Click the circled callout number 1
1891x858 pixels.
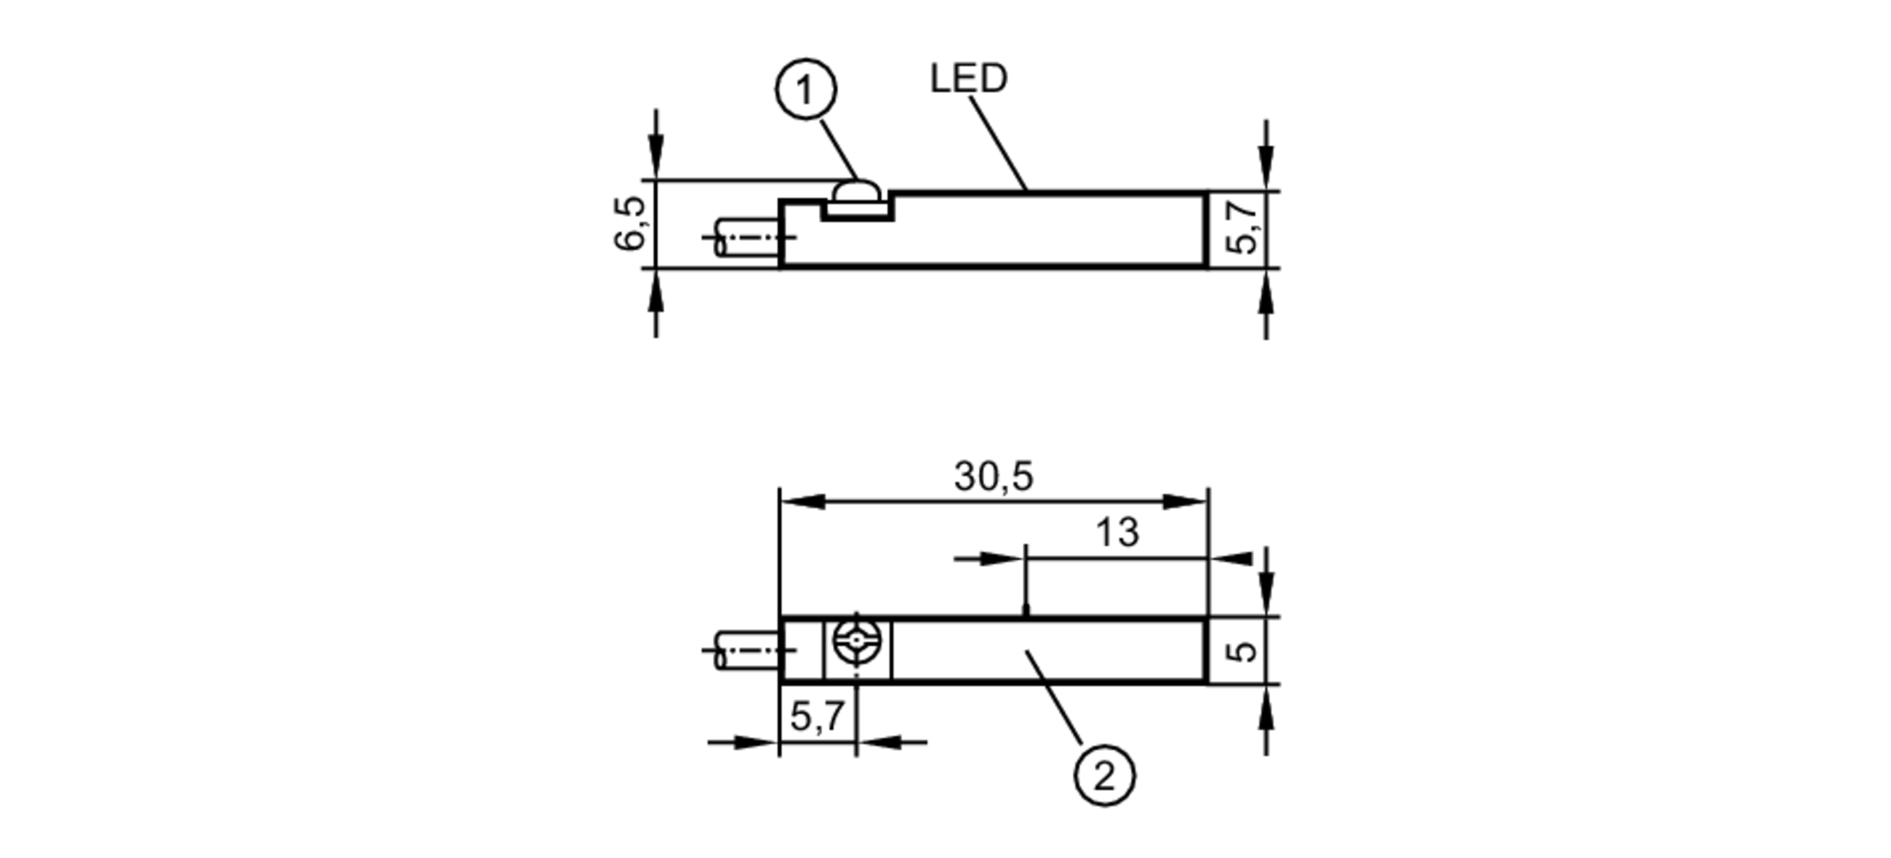(x=805, y=91)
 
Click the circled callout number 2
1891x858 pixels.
(x=1103, y=776)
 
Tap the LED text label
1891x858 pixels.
(x=968, y=79)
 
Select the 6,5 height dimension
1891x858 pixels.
(x=630, y=223)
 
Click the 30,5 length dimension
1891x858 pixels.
(x=993, y=477)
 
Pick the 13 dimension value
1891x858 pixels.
(x=1117, y=534)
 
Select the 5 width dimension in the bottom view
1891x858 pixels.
(x=1245, y=650)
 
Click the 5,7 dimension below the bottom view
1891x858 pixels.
(x=816, y=717)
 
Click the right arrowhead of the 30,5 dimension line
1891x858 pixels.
(x=1186, y=501)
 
